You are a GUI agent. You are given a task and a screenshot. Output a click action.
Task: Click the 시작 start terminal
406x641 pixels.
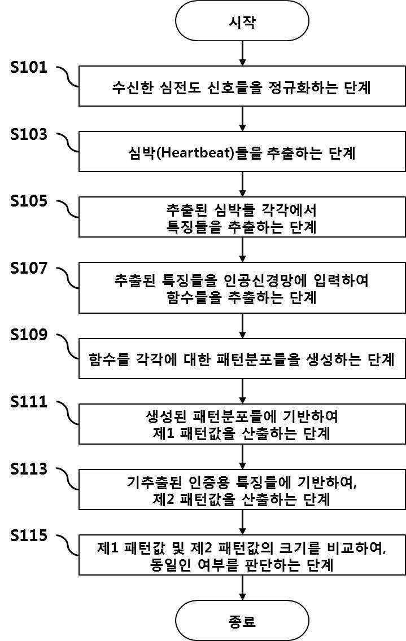[242, 22]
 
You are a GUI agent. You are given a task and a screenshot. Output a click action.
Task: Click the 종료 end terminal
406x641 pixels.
[242, 621]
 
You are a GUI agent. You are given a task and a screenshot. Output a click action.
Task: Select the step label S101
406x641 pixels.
[29, 69]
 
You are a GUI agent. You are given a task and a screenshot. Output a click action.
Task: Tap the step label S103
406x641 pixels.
[29, 135]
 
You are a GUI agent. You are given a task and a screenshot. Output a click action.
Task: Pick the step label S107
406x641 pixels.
[29, 269]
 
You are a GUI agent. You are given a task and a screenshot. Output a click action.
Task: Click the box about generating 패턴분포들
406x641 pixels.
[242, 359]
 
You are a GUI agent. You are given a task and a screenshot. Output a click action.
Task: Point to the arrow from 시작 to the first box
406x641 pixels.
[242, 54]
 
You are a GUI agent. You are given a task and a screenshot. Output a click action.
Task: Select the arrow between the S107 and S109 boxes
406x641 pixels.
[242, 326]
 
